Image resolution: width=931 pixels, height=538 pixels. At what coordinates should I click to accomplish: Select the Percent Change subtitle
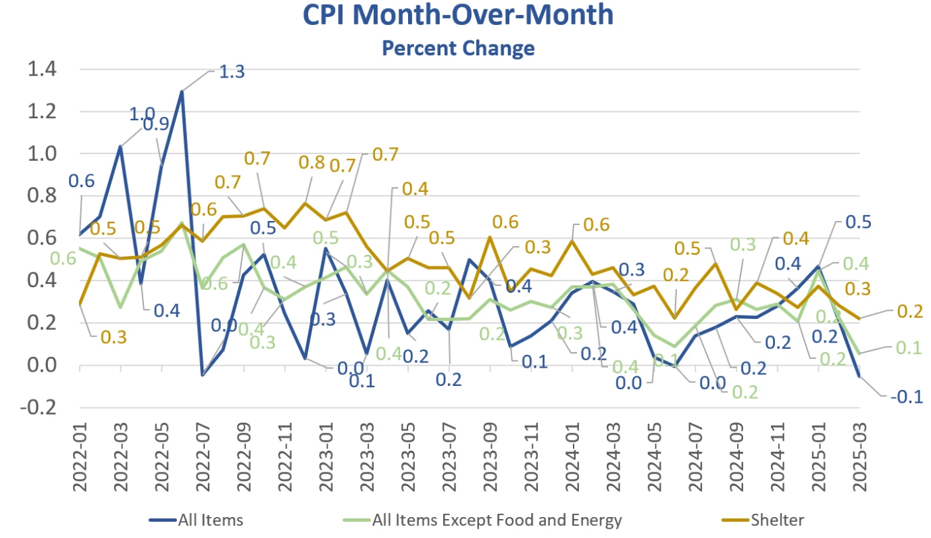point(458,49)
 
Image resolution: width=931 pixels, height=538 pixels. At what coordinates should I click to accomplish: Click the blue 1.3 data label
point(232,72)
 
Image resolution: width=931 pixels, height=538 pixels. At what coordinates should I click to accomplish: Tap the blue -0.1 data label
point(907,397)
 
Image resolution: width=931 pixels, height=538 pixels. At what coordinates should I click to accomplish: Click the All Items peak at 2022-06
point(182,91)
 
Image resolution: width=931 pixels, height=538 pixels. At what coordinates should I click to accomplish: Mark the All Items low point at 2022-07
point(202,374)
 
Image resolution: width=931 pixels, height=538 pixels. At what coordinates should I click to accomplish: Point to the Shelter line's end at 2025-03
point(859,318)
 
